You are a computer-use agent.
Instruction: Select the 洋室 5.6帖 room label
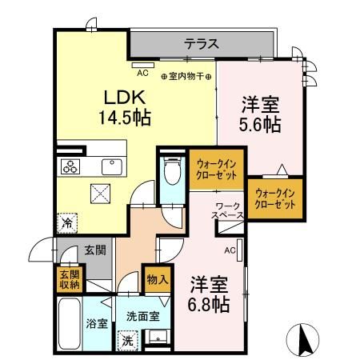pyautogui.click(x=260, y=114)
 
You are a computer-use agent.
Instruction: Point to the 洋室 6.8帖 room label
pyautogui.click(x=210, y=294)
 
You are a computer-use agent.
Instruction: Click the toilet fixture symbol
pyautogui.click(x=170, y=171)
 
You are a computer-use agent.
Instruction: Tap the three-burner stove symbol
pyautogui.click(x=70, y=166)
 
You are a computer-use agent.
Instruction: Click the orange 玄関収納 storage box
pyautogui.click(x=68, y=278)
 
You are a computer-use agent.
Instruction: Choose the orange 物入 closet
pyautogui.click(x=157, y=279)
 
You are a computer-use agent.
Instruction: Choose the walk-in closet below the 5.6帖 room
pyautogui.click(x=275, y=197)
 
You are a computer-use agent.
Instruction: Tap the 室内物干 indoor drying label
pyautogui.click(x=186, y=77)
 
